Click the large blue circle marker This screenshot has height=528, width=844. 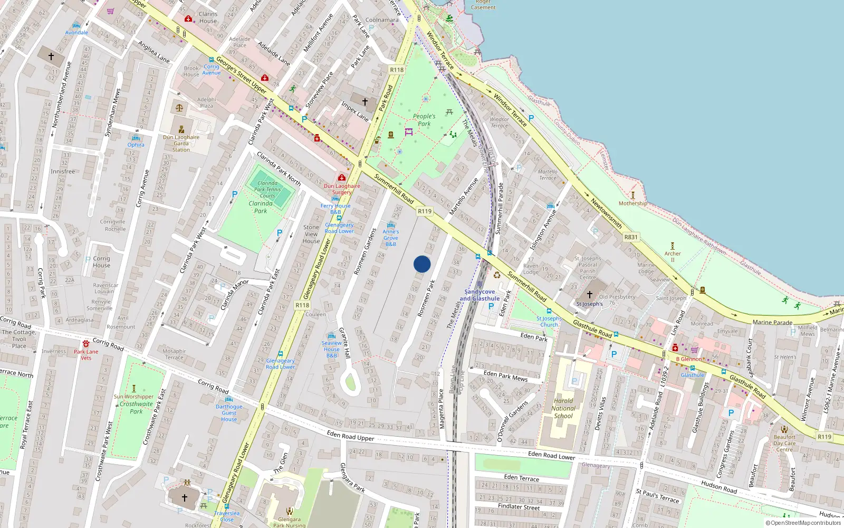point(422,264)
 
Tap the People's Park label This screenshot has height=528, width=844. point(424,120)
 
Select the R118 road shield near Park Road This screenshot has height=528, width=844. point(397,70)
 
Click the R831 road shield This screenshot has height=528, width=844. point(631,237)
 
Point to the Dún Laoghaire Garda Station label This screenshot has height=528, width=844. point(181,143)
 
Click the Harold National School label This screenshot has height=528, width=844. point(563,408)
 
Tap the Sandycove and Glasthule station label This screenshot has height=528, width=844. point(479,295)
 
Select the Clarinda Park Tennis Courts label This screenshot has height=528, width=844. point(267,190)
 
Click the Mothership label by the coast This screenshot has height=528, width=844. point(632,203)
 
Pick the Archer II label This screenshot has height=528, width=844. point(673,256)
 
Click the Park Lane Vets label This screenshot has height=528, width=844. point(86,355)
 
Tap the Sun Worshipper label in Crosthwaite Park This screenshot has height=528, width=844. point(133,397)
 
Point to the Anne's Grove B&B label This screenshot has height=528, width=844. point(391,238)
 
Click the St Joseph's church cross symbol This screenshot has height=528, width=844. point(590,294)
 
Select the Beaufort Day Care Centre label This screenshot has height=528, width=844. point(784,443)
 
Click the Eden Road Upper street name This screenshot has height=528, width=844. point(350,436)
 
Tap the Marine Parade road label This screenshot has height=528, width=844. point(772,322)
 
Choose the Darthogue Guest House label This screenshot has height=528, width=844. point(229,413)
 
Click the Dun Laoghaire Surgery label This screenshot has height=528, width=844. point(342,189)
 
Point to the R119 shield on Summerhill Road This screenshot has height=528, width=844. point(425,211)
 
